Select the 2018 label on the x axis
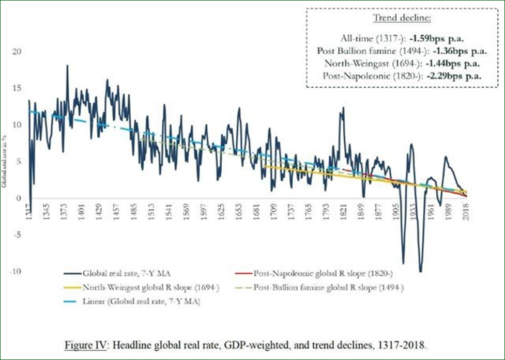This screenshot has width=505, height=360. click(466, 211)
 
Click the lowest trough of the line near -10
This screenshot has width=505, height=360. click(421, 271)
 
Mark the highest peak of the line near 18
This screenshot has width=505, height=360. click(67, 66)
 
